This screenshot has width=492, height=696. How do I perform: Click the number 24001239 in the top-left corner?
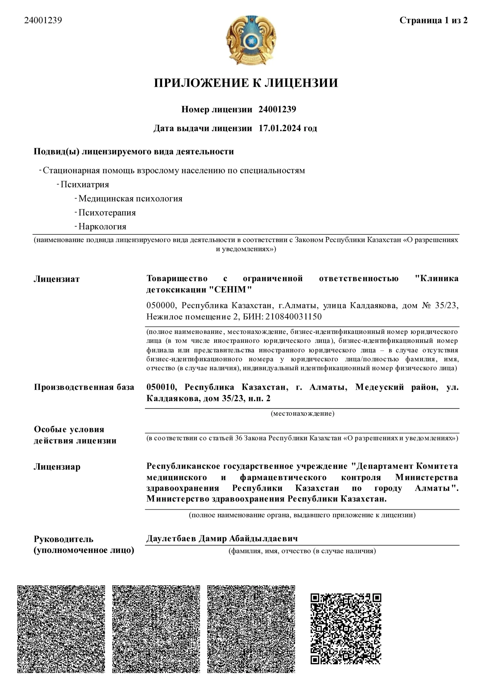point(43,20)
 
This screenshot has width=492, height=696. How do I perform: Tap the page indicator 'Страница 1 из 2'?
point(433,20)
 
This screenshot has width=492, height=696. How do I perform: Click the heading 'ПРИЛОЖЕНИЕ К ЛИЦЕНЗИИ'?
point(246,83)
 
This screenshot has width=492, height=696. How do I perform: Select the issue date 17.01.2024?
point(280,128)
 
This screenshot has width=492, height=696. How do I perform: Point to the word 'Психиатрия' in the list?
point(85,184)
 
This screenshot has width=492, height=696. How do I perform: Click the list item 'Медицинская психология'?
point(130,198)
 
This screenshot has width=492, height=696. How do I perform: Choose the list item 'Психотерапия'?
point(107,213)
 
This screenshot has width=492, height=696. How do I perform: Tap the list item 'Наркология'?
point(102,226)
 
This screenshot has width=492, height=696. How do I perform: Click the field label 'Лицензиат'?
point(57,279)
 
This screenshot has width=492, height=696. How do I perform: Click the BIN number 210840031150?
point(294,317)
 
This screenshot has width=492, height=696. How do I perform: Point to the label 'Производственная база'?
point(84,387)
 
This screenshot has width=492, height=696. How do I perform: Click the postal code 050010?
point(161,387)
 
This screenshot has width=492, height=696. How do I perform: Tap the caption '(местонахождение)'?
point(302,414)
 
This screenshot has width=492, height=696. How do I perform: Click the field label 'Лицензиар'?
point(57,467)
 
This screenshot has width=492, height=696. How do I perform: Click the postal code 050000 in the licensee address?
point(161,305)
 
